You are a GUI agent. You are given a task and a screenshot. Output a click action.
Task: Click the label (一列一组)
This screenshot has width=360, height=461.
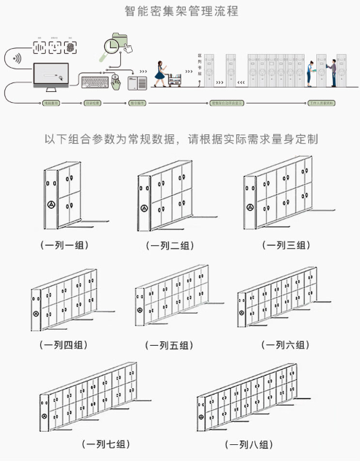coord(65,245)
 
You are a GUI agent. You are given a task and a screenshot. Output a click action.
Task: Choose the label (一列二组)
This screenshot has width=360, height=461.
coord(169,245)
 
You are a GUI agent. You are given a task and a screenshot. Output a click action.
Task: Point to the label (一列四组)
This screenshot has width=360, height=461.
coord(65,344)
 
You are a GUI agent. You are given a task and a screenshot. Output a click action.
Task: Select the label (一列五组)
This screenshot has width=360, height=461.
coord(171,344)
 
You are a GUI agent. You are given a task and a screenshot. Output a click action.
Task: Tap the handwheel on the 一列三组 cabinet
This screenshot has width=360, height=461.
coord(251,207)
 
